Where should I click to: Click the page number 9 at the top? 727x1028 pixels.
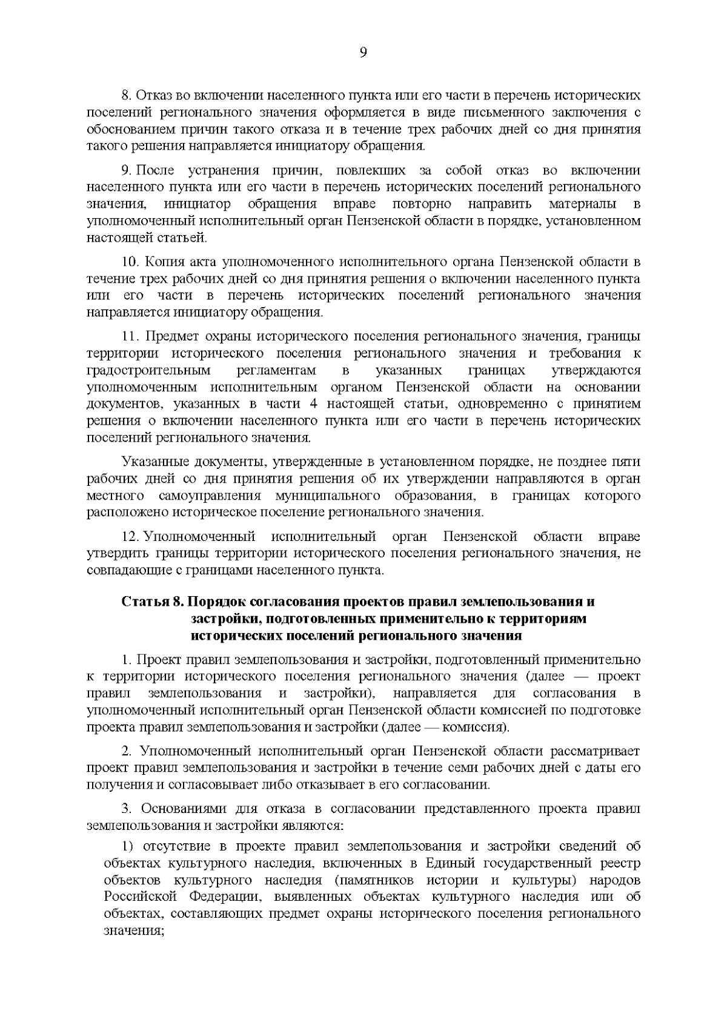point(363,53)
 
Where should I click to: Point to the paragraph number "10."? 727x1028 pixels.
point(131,262)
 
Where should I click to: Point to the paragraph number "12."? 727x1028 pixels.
point(131,537)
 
